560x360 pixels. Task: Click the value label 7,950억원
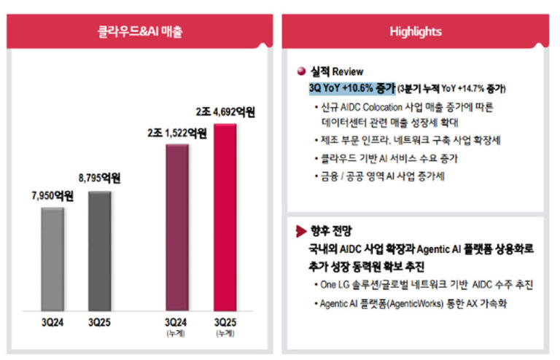pos(52,196)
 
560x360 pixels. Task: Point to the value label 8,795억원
pos(99,178)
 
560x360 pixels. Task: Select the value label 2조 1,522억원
pos(177,133)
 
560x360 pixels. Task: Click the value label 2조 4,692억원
pos(226,112)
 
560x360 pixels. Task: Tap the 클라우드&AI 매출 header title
pos(140,31)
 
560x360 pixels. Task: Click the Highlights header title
pos(415,31)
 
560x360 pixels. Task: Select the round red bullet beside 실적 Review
pos(300,71)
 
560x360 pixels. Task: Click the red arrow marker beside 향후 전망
pos(300,232)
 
